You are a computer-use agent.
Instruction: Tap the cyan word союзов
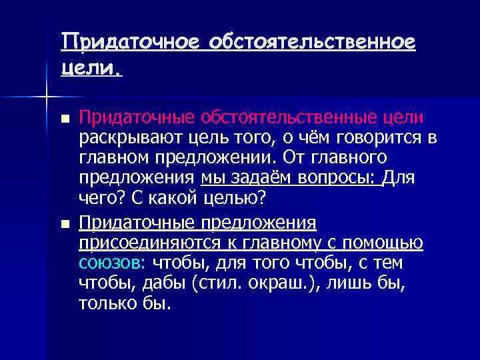coord(105,263)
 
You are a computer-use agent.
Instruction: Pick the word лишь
coord(350,283)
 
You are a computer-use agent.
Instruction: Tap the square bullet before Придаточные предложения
coord(64,223)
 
